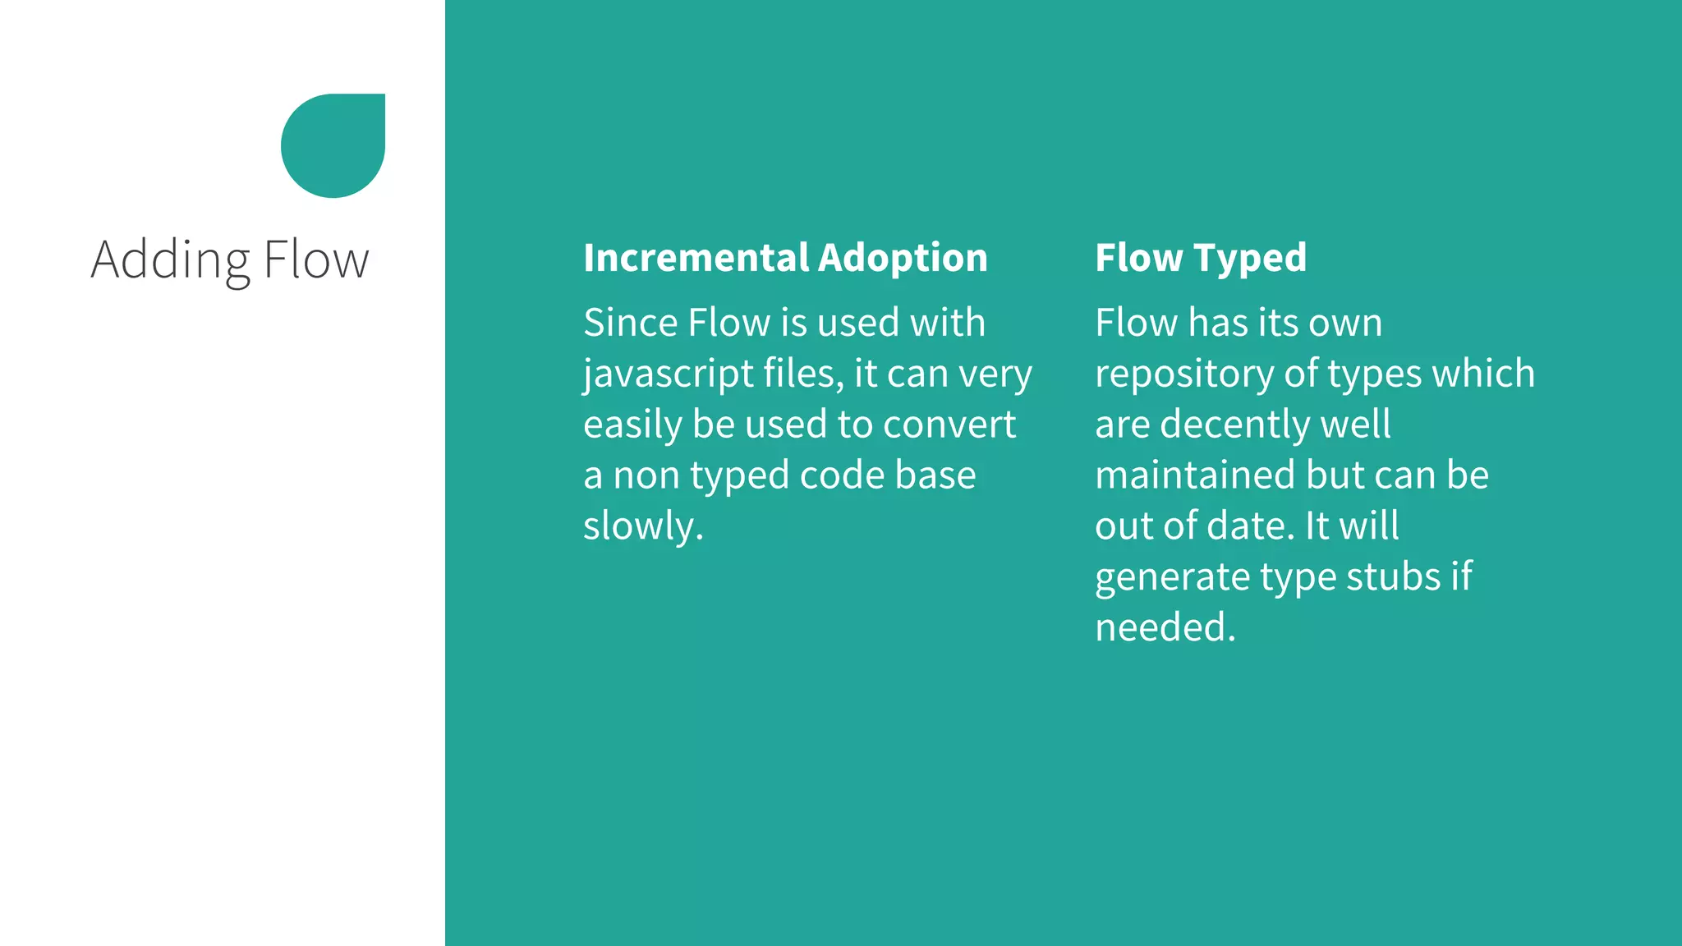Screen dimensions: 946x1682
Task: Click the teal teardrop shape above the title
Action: (333, 146)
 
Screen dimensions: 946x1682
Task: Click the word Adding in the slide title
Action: (170, 260)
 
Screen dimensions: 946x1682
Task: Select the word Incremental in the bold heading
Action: (696, 258)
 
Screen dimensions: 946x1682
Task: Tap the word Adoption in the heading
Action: (903, 258)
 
